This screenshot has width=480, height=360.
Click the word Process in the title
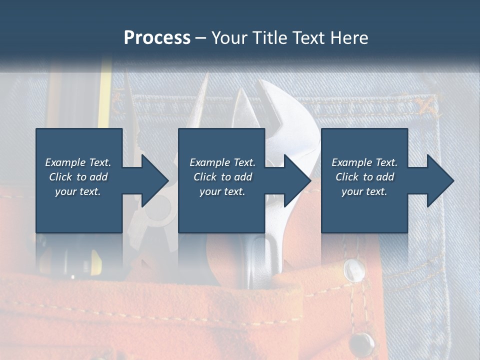click(x=157, y=37)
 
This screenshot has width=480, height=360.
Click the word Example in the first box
click(x=65, y=162)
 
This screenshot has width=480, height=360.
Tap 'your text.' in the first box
click(x=78, y=191)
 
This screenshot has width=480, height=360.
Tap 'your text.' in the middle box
click(x=222, y=191)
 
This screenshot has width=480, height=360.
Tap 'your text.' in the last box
click(x=364, y=191)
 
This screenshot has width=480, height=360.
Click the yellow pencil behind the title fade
click(x=104, y=95)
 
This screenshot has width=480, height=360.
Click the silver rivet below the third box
click(x=354, y=270)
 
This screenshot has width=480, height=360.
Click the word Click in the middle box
click(x=203, y=177)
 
